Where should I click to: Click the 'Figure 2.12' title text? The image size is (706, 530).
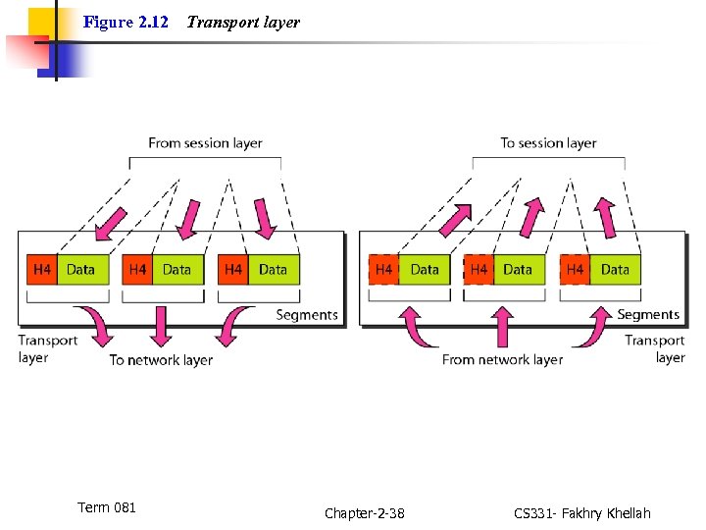(x=126, y=22)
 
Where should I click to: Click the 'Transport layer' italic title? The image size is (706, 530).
(x=243, y=22)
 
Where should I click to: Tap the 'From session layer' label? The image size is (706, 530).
(x=205, y=143)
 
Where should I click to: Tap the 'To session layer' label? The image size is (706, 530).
(x=548, y=143)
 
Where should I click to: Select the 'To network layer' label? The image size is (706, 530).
(x=161, y=360)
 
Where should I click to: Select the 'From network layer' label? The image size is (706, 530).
(x=502, y=360)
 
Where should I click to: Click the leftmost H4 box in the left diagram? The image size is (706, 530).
(x=42, y=269)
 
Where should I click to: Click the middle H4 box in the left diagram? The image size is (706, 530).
(x=137, y=269)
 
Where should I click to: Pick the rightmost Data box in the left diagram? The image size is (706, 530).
(x=274, y=269)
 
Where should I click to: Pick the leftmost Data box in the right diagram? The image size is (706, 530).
(x=425, y=269)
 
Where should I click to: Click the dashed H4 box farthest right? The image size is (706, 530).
(x=575, y=269)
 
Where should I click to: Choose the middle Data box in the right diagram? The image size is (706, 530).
(x=518, y=269)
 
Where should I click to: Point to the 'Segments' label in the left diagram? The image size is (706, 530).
(x=307, y=315)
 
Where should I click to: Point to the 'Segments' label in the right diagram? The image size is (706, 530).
(x=648, y=315)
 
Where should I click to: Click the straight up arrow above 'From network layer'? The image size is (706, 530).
(x=502, y=327)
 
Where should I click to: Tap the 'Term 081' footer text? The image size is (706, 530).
(x=107, y=507)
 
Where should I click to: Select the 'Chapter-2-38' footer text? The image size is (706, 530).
(x=364, y=513)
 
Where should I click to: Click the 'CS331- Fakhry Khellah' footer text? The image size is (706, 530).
(x=581, y=513)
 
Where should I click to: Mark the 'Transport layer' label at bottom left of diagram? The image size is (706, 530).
(x=47, y=349)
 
